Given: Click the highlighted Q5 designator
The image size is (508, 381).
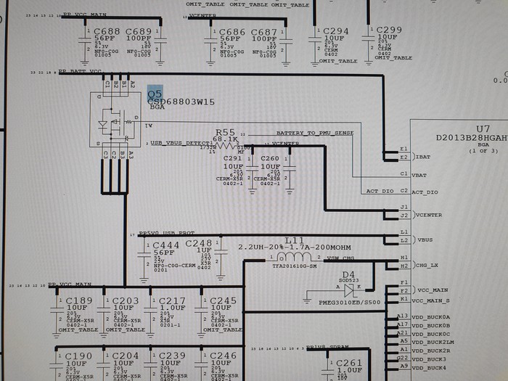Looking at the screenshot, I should pos(154,94).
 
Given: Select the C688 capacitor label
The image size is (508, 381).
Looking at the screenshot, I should pos(107,32).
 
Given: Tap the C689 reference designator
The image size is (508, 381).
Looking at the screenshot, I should pos(139,32).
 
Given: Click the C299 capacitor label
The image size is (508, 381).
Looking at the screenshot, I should pos(388,30).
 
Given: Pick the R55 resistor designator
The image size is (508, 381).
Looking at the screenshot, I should pos(225,132).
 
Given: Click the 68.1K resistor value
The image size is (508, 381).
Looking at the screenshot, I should pos(225,139).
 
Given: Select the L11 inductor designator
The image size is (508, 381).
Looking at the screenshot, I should pos(295,239).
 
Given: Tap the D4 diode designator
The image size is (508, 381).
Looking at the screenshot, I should pos(348,274).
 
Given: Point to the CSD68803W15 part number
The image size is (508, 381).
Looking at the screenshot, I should pos(181,102).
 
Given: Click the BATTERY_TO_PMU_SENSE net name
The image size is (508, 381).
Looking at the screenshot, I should pos(315,134).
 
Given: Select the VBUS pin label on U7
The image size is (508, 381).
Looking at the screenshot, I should pos(424,239).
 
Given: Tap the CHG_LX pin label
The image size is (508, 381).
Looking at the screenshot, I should pos(426,266).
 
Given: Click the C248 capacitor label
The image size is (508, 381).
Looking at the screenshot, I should pos(198,243).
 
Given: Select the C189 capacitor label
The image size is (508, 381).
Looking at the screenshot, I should pos(79,300).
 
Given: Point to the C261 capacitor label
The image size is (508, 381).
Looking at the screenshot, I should pos(349,363).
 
